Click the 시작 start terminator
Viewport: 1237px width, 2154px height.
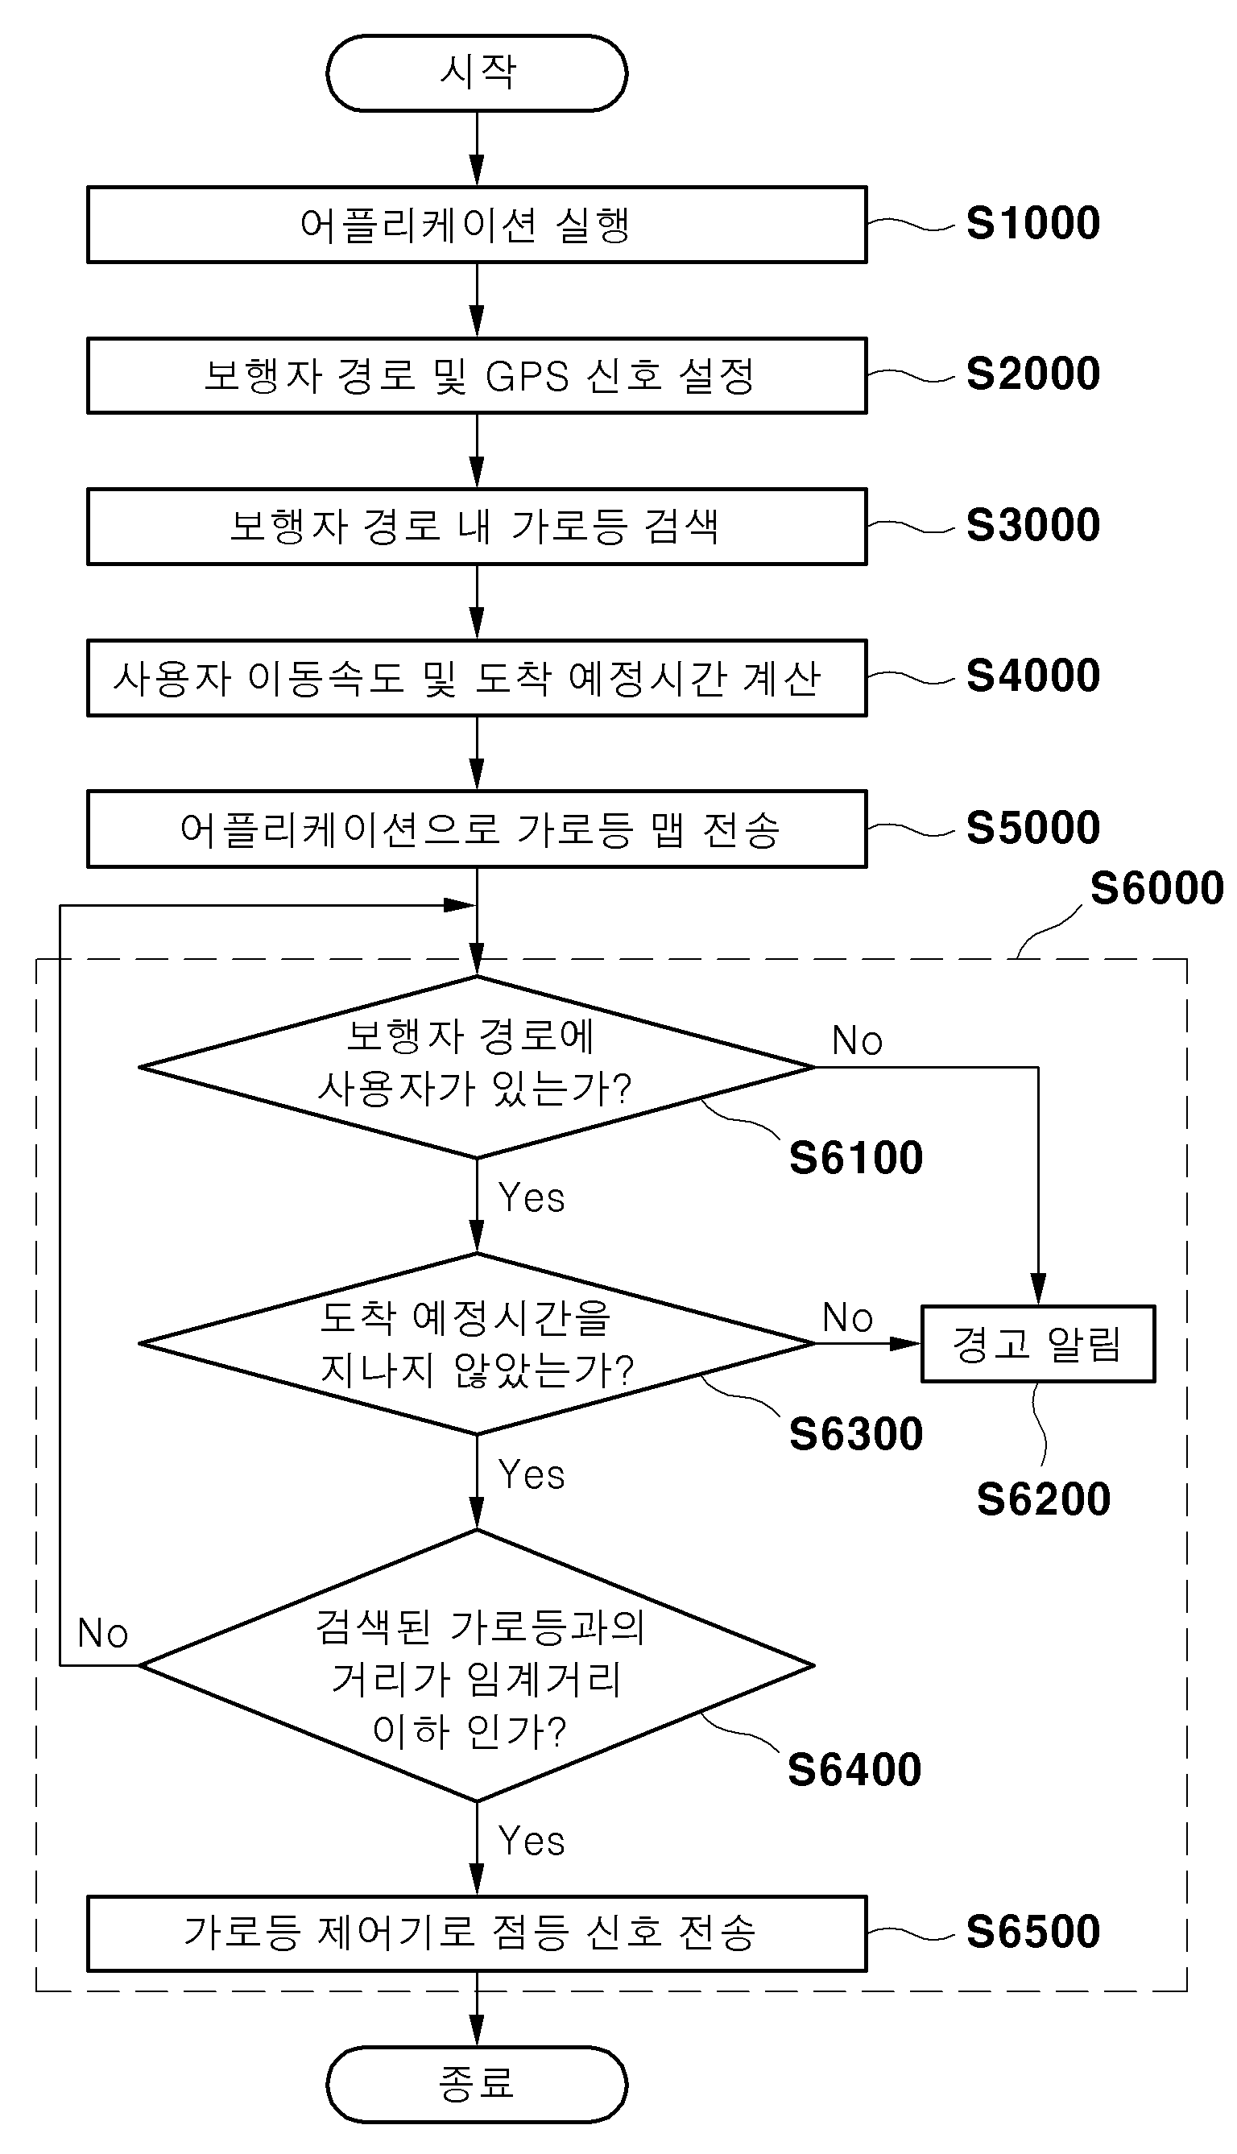point(477,73)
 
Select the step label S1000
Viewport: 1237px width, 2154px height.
point(1033,223)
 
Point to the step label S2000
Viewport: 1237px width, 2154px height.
point(1033,374)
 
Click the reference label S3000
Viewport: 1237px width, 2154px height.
point(1033,525)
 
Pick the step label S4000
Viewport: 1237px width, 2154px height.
point(1033,676)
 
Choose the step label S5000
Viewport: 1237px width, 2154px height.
point(1033,827)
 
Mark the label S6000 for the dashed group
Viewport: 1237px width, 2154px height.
point(1156,888)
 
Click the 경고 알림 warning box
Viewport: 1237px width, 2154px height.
point(1038,1344)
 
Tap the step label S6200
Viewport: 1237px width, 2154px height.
point(1043,1499)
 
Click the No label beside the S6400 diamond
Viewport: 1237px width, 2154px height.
point(103,1632)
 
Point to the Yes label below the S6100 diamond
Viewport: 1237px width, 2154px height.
point(532,1197)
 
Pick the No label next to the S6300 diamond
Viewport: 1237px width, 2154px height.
point(848,1317)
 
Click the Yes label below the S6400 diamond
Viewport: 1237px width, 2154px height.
point(532,1841)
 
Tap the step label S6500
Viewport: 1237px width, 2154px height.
point(1033,1932)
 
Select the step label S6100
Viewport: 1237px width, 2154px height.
point(855,1158)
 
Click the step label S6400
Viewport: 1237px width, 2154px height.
point(854,1770)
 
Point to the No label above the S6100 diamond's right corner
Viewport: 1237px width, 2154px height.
point(857,1040)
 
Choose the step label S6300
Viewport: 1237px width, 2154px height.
point(855,1435)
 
